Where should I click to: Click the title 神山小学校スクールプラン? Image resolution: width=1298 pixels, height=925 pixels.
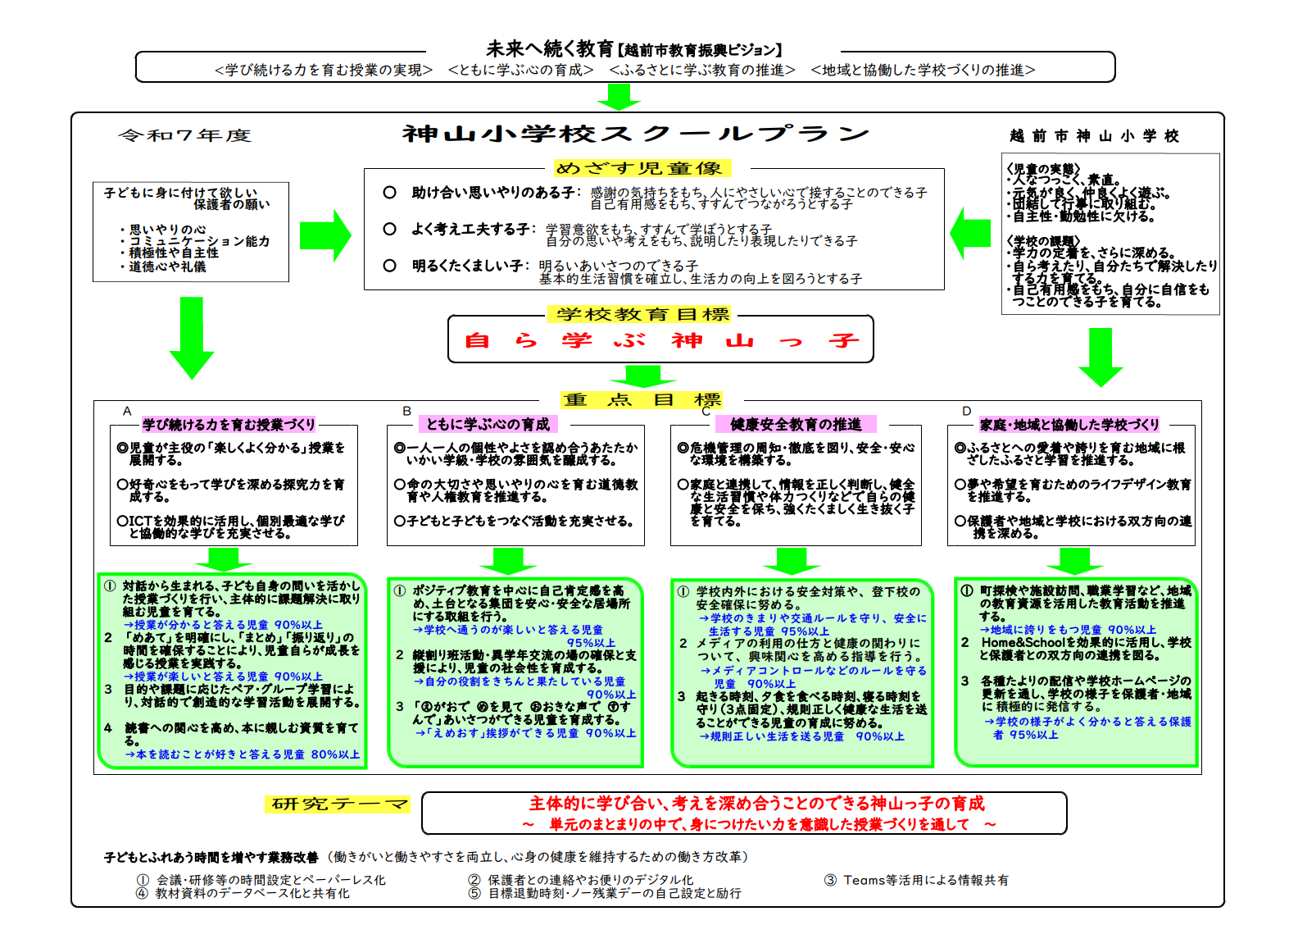635,134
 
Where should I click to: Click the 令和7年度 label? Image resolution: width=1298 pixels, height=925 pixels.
184,135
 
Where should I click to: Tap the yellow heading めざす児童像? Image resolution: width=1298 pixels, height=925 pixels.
640,168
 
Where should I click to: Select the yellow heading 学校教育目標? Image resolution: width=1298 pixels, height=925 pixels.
642,314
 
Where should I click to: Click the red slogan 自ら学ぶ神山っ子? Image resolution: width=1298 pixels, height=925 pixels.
660,340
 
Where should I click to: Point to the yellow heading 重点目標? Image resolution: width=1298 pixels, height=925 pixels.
642,400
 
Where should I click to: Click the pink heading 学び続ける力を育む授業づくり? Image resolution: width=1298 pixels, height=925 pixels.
229,425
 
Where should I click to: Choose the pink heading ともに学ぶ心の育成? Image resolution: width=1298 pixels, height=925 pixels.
488,424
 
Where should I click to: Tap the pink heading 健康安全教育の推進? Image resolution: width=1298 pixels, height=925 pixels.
796,424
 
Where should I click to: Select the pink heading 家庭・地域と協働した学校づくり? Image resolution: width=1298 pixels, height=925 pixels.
1069,425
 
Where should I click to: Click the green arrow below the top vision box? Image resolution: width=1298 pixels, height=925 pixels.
618,97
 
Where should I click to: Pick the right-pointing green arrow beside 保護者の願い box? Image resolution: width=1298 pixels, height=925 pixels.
324,235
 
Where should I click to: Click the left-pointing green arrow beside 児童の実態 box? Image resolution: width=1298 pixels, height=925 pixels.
971,234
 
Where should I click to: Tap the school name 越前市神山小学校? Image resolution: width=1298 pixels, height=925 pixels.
1094,136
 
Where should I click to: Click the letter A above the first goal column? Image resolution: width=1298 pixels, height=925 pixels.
127,411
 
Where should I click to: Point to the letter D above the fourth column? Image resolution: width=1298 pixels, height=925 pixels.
967,411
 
